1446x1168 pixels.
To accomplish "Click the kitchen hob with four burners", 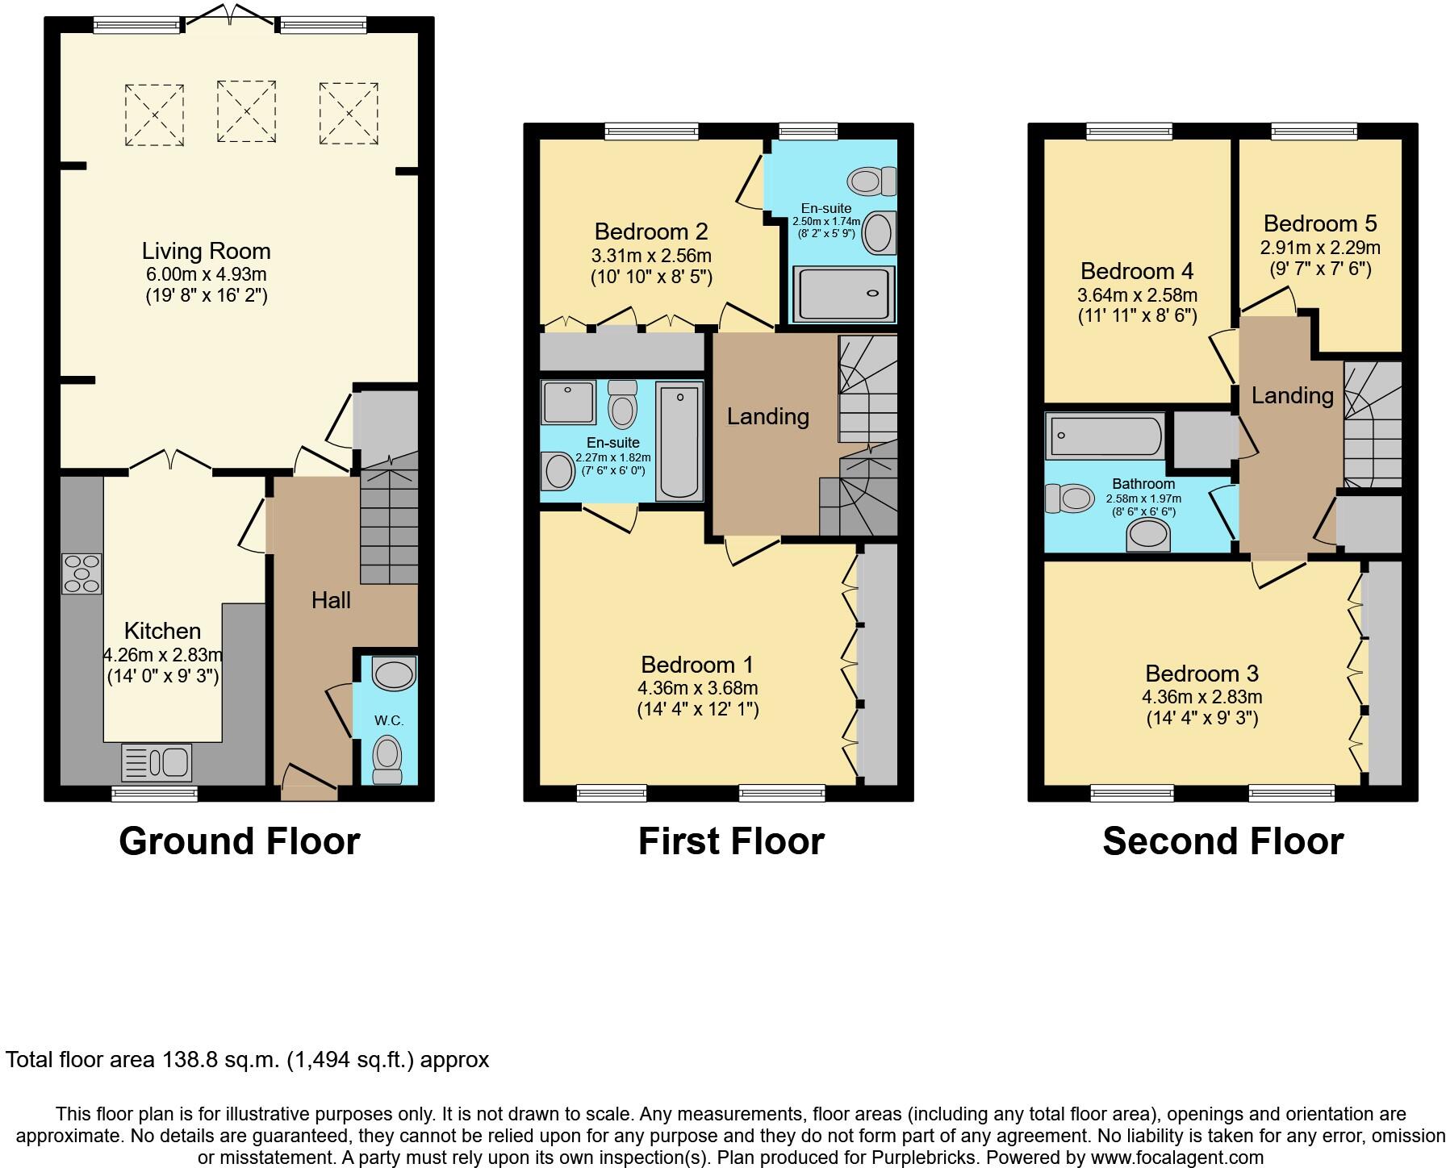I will pyautogui.click(x=81, y=574).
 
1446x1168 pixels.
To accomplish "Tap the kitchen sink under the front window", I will pyautogui.click(x=157, y=761).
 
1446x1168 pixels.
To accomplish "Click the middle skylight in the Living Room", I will pyautogui.click(x=246, y=111).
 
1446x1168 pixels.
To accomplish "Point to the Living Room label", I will pyautogui.click(x=206, y=251).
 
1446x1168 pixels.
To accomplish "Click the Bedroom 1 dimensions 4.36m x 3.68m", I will pyautogui.click(x=697, y=688).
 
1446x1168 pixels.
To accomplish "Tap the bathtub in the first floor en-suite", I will pyautogui.click(x=679, y=440).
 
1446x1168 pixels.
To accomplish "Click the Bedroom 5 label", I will pyautogui.click(x=1319, y=223).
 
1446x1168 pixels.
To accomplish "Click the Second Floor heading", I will pyautogui.click(x=1222, y=841).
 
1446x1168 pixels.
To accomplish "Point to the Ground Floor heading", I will pyautogui.click(x=239, y=841).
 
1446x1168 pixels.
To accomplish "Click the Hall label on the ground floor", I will pyautogui.click(x=331, y=600).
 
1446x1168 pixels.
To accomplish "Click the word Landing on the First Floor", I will pyautogui.click(x=767, y=416).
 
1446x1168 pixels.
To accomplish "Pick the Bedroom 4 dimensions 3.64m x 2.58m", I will pyautogui.click(x=1136, y=295).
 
